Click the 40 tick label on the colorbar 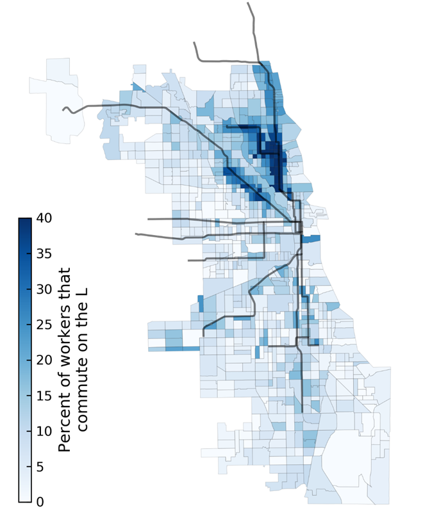point(43,218)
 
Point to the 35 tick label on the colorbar point(43,254)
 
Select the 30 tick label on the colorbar point(43,289)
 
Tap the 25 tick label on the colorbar point(43,325)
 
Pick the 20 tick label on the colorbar point(43,360)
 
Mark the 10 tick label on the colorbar point(43,431)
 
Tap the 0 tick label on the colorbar point(40,501)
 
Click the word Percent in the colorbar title point(65,420)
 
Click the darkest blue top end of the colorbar point(25,222)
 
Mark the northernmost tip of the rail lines point(249,3)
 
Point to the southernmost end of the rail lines point(302,411)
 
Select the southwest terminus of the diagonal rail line point(204,335)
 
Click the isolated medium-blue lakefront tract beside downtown point(310,239)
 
